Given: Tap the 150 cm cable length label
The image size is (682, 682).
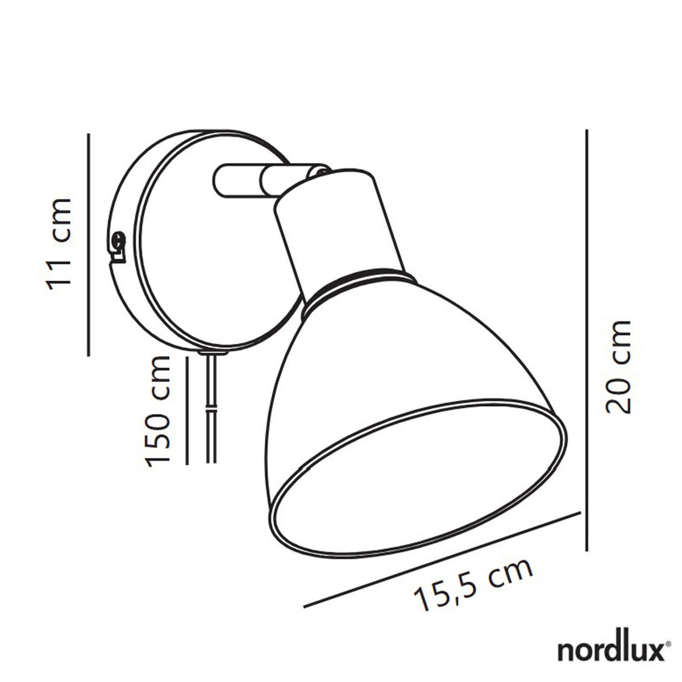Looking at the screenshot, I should (x=158, y=411).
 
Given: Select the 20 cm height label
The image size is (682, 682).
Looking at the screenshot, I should (x=618, y=367).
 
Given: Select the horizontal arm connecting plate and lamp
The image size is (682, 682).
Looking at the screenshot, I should (x=239, y=181).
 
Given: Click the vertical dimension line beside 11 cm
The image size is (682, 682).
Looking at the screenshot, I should (x=89, y=244).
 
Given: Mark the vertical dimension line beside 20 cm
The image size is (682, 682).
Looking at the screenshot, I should (x=585, y=341).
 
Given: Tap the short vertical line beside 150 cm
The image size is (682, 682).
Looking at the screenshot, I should (x=187, y=410).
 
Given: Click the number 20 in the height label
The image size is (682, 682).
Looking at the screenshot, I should (x=618, y=395).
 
